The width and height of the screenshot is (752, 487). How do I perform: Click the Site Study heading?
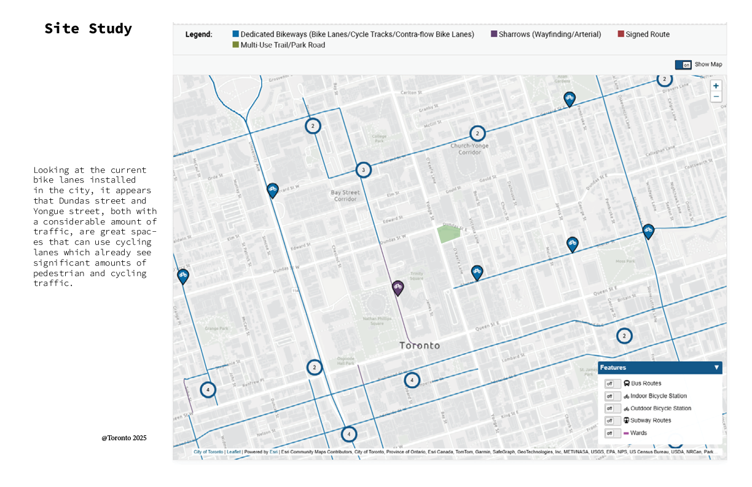(88, 29)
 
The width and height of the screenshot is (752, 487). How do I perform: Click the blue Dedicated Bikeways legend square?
(236, 34)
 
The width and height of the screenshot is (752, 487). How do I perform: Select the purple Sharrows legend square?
(494, 34)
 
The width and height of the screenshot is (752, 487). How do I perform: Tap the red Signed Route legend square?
(621, 34)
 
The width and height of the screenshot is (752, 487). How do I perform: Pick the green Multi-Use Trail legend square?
(236, 45)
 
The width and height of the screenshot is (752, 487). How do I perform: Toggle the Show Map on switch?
(683, 65)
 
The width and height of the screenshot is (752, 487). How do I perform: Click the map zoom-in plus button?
(716, 86)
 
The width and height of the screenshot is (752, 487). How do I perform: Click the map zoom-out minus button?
(716, 97)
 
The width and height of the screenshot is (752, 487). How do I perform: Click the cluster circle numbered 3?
(363, 170)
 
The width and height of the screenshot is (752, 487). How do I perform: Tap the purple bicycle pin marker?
(398, 287)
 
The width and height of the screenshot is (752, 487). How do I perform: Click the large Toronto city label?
(420, 346)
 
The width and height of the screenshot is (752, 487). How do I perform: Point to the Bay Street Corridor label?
(344, 196)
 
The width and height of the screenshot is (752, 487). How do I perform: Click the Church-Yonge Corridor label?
(469, 149)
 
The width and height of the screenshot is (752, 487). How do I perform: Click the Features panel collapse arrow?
(716, 368)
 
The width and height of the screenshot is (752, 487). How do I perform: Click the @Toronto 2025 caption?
(124, 438)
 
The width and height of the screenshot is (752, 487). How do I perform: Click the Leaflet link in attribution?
(233, 452)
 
